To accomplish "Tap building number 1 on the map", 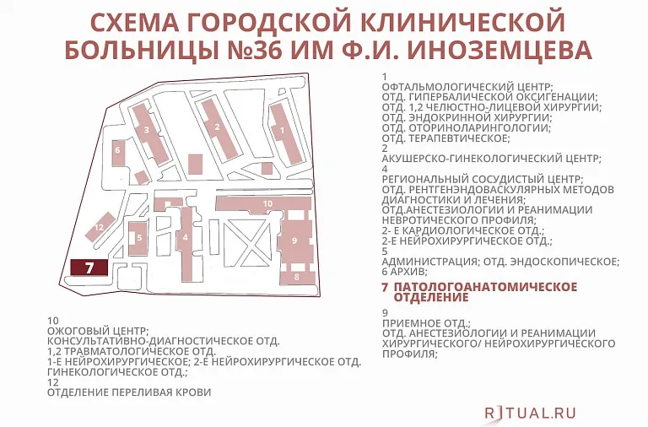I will pyautogui.click(x=285, y=132).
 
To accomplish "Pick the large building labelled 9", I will pyautogui.click(x=294, y=241).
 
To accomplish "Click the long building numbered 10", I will pyautogui.click(x=265, y=204).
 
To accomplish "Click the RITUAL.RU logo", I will pyautogui.click(x=530, y=412).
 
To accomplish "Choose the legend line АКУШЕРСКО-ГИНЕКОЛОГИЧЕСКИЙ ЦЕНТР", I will pyautogui.click(x=491, y=158).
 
